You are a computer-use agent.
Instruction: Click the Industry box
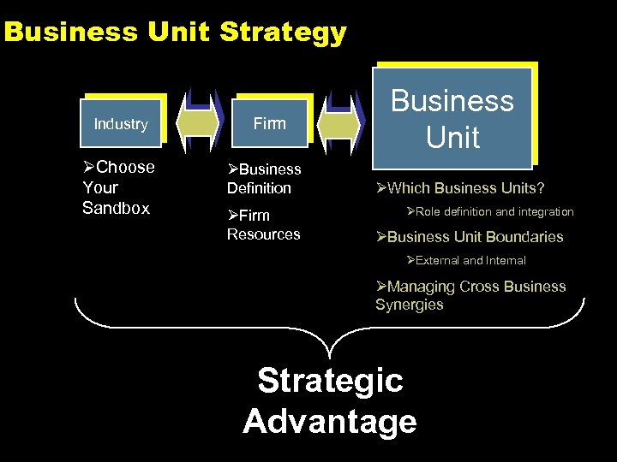click(x=121, y=124)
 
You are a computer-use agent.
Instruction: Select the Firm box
click(x=269, y=124)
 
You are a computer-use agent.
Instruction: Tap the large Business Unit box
click(x=452, y=118)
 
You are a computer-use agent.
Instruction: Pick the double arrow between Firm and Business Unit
click(x=342, y=120)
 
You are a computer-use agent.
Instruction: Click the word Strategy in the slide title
click(x=283, y=33)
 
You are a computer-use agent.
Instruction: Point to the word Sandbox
click(x=116, y=208)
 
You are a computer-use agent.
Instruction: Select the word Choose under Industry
click(x=125, y=167)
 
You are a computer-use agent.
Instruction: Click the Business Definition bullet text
click(x=263, y=179)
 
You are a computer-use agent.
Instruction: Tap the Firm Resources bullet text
click(x=263, y=225)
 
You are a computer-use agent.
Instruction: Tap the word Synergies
click(x=410, y=305)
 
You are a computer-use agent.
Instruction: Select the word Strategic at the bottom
click(x=330, y=380)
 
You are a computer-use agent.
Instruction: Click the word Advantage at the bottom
click(x=330, y=421)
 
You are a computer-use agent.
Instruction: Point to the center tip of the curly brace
click(x=330, y=354)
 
